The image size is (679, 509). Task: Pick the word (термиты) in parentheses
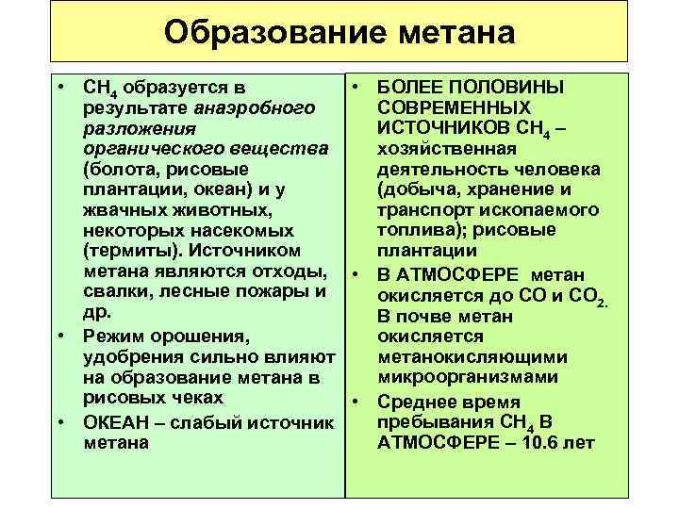click(x=131, y=252)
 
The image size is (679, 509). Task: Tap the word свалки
click(x=114, y=292)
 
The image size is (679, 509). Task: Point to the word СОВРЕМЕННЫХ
click(x=453, y=107)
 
